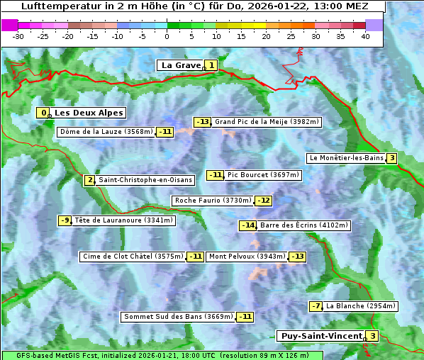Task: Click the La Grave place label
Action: (x=180, y=65)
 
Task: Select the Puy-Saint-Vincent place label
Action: (x=320, y=336)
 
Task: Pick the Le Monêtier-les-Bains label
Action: (x=345, y=158)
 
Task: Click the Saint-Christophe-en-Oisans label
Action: (x=145, y=180)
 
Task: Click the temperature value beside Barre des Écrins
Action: (x=247, y=225)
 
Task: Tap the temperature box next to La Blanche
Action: (x=316, y=306)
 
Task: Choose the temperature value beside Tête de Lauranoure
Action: (x=65, y=220)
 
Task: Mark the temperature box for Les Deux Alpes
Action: (x=44, y=113)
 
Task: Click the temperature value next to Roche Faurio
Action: (x=263, y=201)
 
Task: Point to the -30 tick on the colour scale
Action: (x=19, y=35)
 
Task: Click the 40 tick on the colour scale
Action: (x=365, y=35)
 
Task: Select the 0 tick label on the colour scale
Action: (x=167, y=35)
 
